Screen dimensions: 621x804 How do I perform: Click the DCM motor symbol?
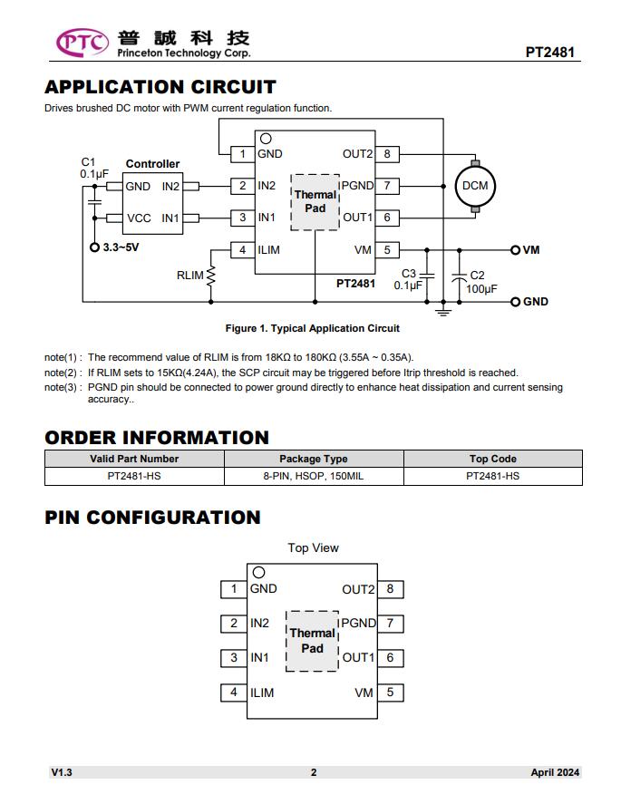tap(475, 186)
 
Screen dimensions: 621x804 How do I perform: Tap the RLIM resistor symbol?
tap(210, 276)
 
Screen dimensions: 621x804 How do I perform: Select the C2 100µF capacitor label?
tap(481, 282)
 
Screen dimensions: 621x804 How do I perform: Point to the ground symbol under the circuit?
tap(443, 311)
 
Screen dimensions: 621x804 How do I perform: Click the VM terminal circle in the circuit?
tap(515, 250)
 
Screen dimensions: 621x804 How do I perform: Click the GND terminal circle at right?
tap(515, 302)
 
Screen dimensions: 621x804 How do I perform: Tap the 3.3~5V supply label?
tap(121, 247)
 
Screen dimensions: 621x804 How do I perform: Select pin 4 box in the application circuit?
tap(243, 249)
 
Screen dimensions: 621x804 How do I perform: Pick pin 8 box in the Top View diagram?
tap(390, 589)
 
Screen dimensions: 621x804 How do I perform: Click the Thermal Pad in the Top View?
tap(312, 641)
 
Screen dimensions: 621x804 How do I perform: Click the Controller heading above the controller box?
tap(153, 164)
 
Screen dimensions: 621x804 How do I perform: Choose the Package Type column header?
tap(314, 459)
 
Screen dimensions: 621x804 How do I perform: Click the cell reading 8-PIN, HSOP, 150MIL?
tap(314, 477)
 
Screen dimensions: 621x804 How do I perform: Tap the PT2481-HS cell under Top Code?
tap(493, 477)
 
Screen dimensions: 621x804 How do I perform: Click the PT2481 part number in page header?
tap(549, 53)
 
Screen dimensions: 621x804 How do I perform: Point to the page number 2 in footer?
tap(314, 772)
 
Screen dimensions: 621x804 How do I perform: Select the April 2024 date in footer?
tap(555, 772)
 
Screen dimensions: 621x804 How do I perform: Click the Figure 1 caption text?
tap(312, 328)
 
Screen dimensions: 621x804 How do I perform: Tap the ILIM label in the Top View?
tap(262, 693)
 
